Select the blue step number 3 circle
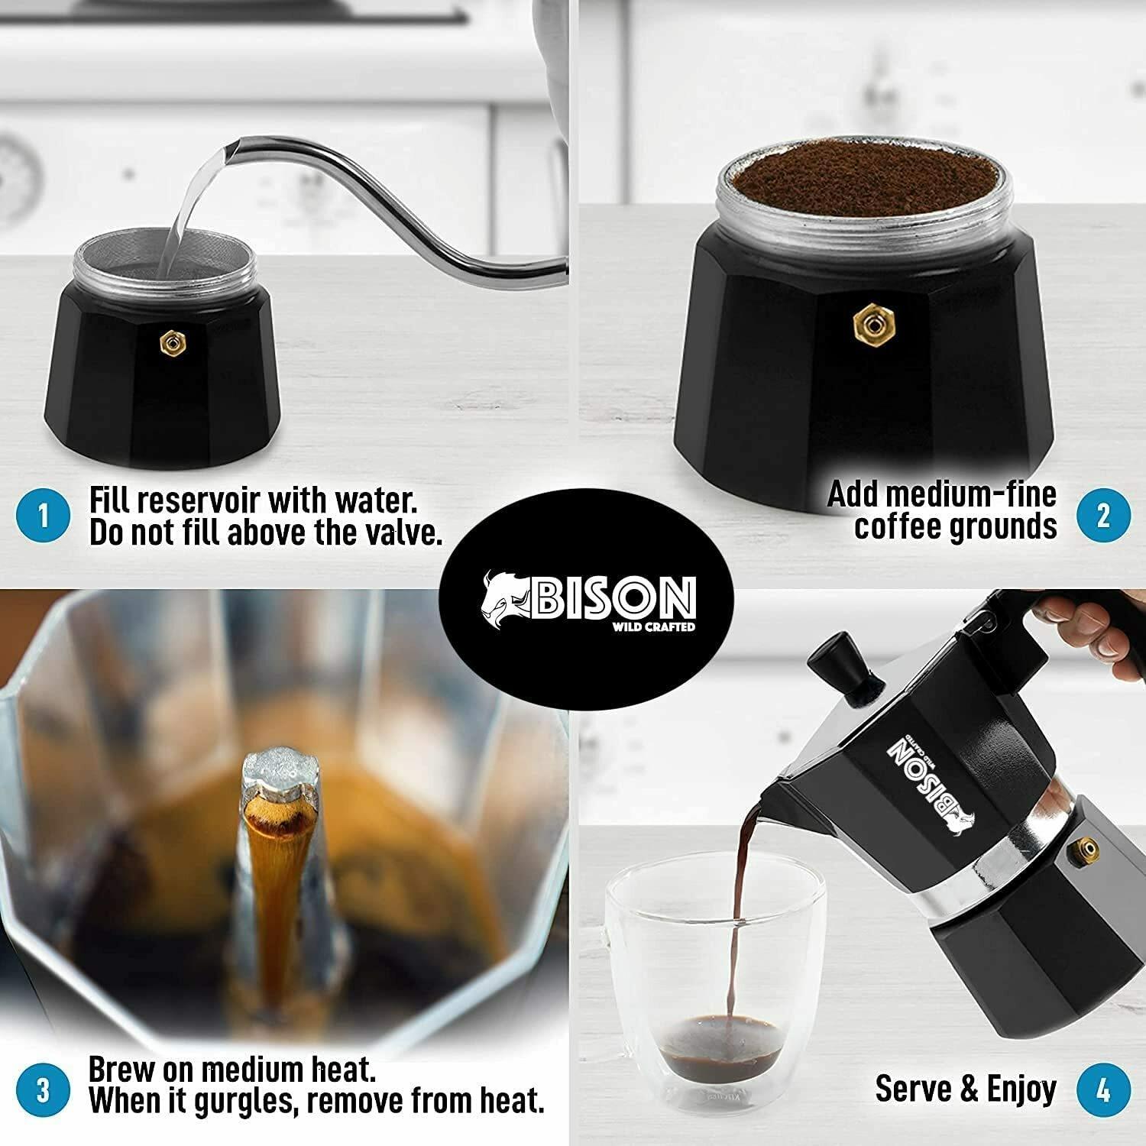(x=43, y=1089)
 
